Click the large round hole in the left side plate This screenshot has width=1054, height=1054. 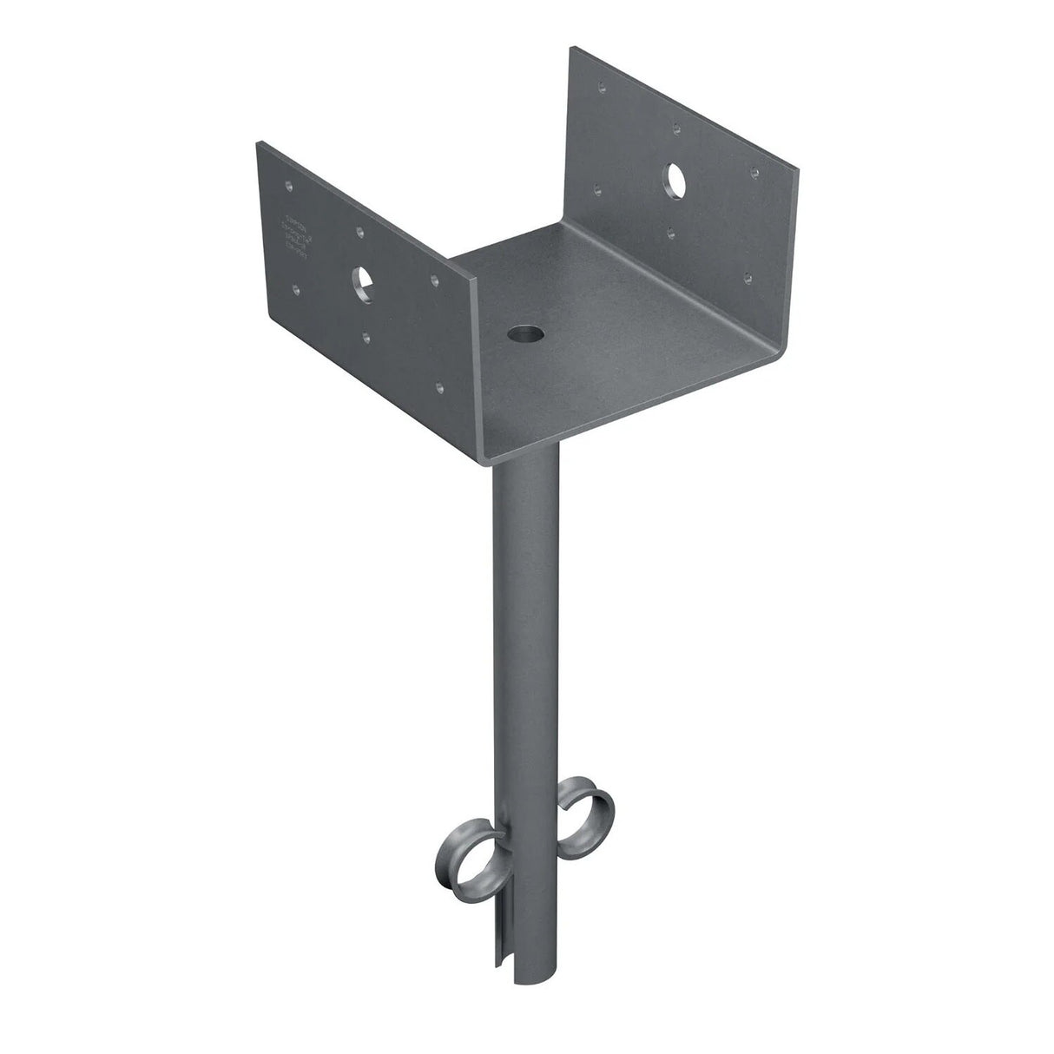tap(363, 280)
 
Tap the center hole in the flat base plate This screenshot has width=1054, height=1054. tap(525, 332)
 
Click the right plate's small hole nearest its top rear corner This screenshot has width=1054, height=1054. tap(600, 85)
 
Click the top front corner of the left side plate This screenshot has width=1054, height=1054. tap(475, 279)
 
